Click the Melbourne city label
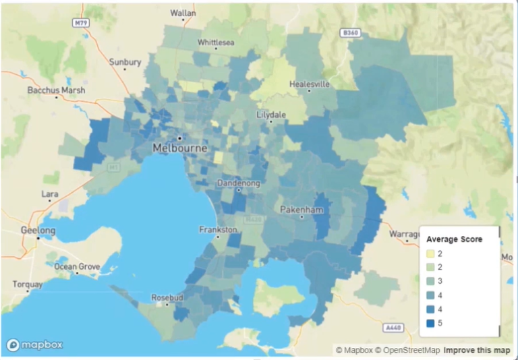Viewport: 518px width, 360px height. (x=180, y=148)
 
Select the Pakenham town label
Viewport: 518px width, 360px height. (x=303, y=210)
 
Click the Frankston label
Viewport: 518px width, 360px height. (x=218, y=230)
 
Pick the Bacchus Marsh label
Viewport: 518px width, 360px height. (x=56, y=90)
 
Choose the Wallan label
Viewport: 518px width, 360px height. (x=183, y=13)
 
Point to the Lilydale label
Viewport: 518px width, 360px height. (x=272, y=115)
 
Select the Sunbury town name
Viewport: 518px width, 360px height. (x=125, y=62)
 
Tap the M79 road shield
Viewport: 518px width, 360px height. (x=81, y=22)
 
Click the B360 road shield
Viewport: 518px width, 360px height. (x=350, y=32)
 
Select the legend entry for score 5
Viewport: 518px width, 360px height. (x=439, y=324)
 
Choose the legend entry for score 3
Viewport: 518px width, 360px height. (x=439, y=281)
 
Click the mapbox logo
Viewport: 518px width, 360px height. (x=35, y=344)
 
